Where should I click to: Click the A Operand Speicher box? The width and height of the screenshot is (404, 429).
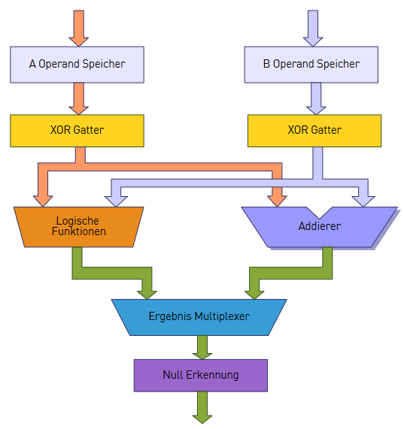click(77, 65)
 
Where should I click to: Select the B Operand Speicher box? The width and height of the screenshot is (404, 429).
click(311, 65)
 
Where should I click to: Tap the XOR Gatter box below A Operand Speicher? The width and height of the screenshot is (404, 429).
click(77, 131)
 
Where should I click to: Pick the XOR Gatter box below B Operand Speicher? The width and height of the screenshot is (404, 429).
click(314, 131)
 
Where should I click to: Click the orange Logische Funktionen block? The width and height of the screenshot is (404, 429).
click(78, 227)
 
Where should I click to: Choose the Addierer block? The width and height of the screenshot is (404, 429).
click(320, 227)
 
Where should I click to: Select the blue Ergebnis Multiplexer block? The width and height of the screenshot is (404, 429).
click(199, 317)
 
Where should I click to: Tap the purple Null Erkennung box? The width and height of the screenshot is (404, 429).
click(201, 376)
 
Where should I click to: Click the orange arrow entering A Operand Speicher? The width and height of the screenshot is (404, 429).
click(78, 29)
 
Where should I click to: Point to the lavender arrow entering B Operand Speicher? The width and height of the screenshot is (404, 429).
click(313, 29)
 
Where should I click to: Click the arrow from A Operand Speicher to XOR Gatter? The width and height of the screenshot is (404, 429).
click(78, 98)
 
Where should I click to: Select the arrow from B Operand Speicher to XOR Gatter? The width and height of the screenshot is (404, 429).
click(316, 98)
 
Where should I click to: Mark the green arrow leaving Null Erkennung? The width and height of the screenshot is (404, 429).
click(202, 407)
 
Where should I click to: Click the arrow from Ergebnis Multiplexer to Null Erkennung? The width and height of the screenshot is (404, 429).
click(202, 347)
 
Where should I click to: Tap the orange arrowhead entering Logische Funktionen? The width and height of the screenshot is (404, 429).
click(43, 201)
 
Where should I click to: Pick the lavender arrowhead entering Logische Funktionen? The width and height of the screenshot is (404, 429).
click(116, 201)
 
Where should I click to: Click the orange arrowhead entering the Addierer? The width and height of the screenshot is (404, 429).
click(277, 201)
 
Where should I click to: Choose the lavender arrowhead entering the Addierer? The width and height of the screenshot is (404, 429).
click(363, 201)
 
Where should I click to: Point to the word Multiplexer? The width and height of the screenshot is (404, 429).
click(222, 316)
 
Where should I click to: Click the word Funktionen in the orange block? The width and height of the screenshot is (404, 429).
click(79, 231)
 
